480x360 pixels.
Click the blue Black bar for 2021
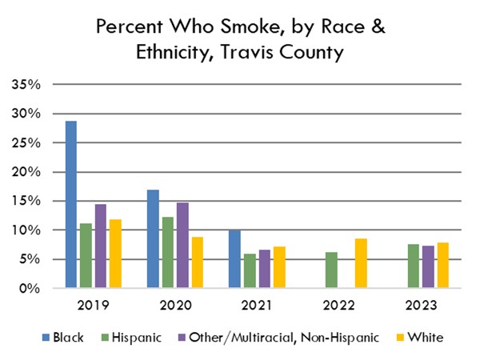pos(234,259)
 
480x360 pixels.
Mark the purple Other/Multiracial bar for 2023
pos(428,267)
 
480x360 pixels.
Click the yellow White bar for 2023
pos(443,266)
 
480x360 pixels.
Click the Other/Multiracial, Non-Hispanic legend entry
pos(269,338)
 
